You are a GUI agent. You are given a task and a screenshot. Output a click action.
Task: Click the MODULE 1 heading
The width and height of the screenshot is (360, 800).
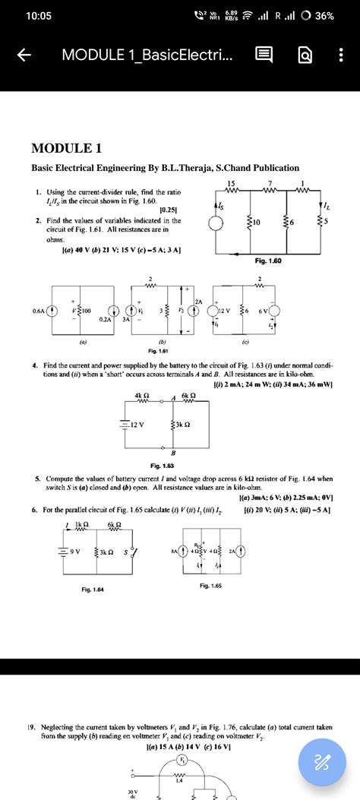67,147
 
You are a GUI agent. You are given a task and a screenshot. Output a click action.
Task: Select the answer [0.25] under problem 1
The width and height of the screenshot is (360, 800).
169,209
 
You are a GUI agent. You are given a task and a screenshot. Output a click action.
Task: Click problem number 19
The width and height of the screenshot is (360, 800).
36,726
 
